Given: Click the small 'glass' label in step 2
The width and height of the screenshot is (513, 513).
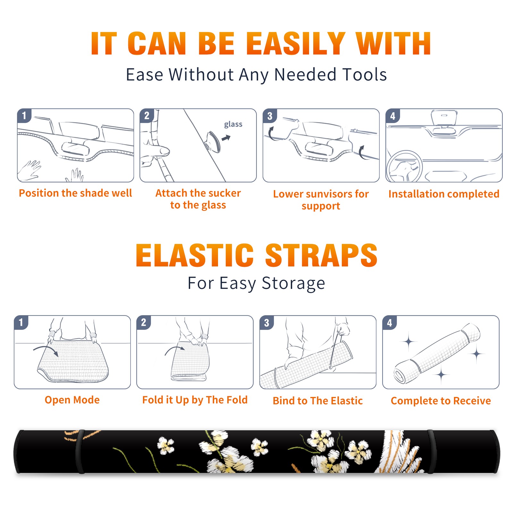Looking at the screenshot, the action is [x=233, y=124].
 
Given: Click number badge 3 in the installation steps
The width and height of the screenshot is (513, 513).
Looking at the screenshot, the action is [x=270, y=116].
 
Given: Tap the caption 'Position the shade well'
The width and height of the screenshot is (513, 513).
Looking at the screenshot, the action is [x=75, y=193].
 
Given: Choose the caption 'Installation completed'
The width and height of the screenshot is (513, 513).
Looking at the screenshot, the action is [x=444, y=194].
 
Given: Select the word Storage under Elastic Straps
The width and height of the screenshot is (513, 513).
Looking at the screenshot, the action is [x=293, y=283].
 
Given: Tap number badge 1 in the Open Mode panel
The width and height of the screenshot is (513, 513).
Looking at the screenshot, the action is [x=21, y=322].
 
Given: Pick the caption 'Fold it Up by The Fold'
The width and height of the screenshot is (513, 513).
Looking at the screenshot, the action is [x=195, y=400].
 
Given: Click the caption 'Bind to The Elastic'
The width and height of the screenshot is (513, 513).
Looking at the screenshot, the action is [x=318, y=401].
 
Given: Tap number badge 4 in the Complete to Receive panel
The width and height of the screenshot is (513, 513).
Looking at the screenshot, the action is [x=390, y=323].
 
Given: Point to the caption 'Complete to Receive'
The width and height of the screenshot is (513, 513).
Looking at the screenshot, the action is [x=441, y=401].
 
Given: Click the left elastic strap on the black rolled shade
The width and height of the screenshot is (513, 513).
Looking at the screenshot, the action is [x=80, y=451].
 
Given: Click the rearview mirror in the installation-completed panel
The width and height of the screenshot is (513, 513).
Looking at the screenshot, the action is [x=444, y=118].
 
